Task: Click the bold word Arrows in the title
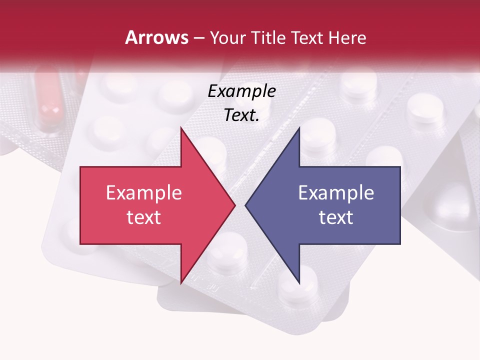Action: coord(156,37)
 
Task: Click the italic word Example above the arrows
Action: coord(241,91)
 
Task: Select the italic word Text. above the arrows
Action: coord(241,115)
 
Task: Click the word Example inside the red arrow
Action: coord(143,193)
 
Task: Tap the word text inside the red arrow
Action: coord(143,217)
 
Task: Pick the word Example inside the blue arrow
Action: coord(336,193)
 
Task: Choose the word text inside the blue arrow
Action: coord(336,217)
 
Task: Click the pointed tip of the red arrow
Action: coord(235,205)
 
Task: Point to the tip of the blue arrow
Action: coord(245,205)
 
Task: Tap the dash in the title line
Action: coord(198,38)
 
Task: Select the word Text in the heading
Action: coord(307,37)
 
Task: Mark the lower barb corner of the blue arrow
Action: coord(299,283)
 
